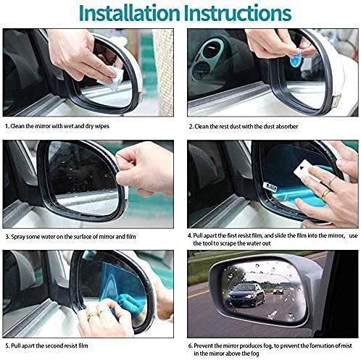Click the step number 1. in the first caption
click(x=8, y=125)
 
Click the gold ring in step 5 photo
click(x=94, y=314)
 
